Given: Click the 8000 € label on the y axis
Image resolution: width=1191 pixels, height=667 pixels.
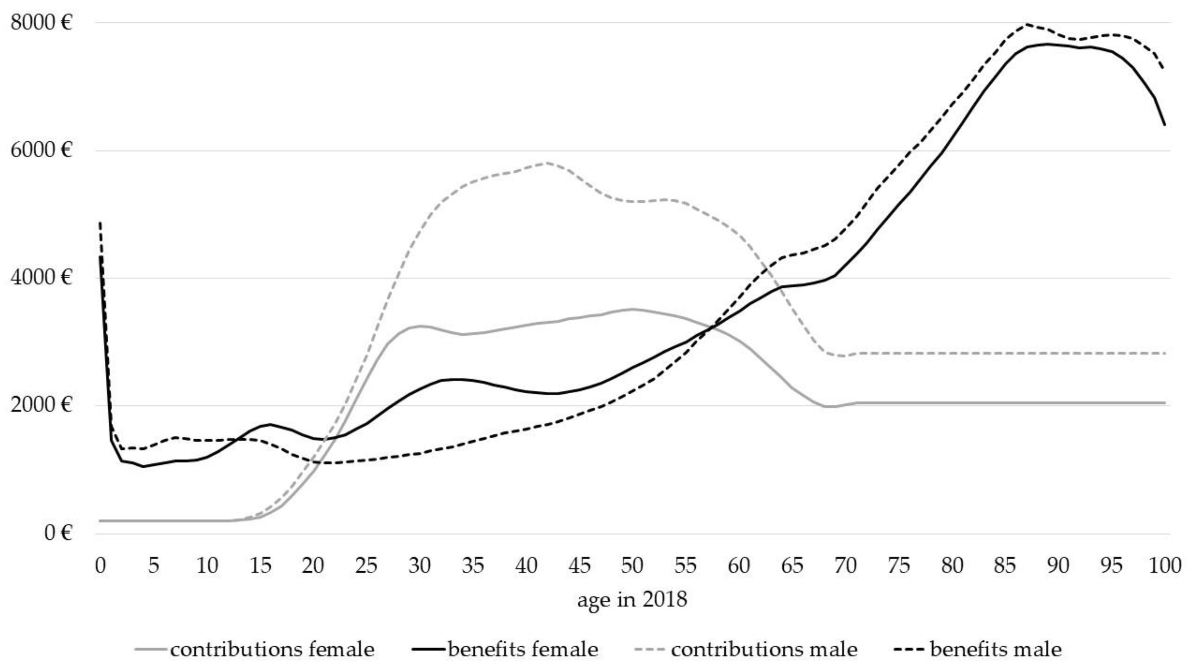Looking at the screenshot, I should coord(42,22).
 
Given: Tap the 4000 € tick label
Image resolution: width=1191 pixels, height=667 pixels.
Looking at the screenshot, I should coord(42,278).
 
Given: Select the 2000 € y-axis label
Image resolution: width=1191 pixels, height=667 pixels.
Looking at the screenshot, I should coord(42,405).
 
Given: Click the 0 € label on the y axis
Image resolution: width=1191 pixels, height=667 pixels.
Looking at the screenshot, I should coord(58,533).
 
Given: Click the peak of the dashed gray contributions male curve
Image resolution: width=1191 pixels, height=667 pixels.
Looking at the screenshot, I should coord(547,163).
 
